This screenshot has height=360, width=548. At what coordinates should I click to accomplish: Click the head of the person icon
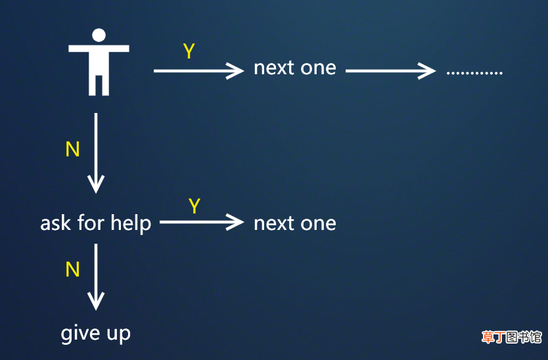point(99,35)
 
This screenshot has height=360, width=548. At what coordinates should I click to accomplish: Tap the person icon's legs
point(99,85)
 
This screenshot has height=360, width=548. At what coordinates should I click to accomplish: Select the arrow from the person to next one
point(198,71)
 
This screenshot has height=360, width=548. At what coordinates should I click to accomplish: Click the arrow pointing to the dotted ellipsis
point(390,71)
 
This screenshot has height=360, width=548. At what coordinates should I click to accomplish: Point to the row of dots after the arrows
point(474,73)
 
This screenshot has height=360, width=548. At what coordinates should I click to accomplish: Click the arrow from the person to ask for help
point(96,153)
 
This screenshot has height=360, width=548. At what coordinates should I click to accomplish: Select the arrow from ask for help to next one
point(202,222)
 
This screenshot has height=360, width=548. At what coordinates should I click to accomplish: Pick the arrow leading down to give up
point(96,277)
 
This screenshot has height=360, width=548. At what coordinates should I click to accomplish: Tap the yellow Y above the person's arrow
point(189,51)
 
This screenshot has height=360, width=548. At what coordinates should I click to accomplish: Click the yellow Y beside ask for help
point(194,206)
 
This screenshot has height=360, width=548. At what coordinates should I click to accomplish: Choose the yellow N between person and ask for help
point(73,149)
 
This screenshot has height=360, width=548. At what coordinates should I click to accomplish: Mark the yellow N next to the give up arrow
point(73,269)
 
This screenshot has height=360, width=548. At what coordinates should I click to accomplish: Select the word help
point(131,224)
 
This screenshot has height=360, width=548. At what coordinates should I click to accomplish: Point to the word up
point(119,335)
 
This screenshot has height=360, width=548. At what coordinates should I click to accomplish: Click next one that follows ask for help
point(295,223)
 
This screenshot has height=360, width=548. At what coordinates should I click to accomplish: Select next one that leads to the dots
point(295,68)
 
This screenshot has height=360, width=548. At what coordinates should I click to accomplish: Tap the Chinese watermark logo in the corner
point(512,337)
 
